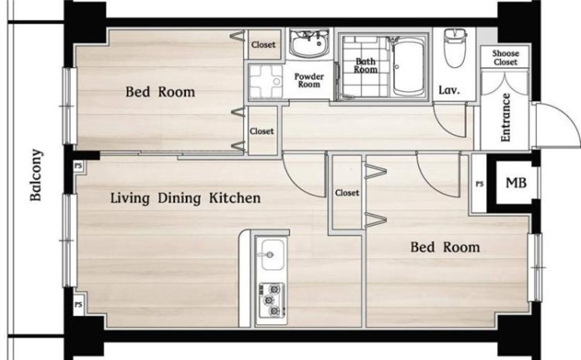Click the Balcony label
pos(36,175)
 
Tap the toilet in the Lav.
pos(456,48)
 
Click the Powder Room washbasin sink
pos(309,43)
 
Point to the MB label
pos(516,182)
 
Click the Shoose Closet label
pos(505,58)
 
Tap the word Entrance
pos(505,118)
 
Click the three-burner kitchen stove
pos(272,300)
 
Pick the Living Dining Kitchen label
pos(185,198)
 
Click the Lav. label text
pos(449,90)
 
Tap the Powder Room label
pos(309,80)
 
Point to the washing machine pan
pos(265,81)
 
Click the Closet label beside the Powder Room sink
pos(263,45)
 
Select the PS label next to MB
pos(480,183)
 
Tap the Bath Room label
pos(365,66)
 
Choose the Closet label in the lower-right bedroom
pos(347,192)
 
